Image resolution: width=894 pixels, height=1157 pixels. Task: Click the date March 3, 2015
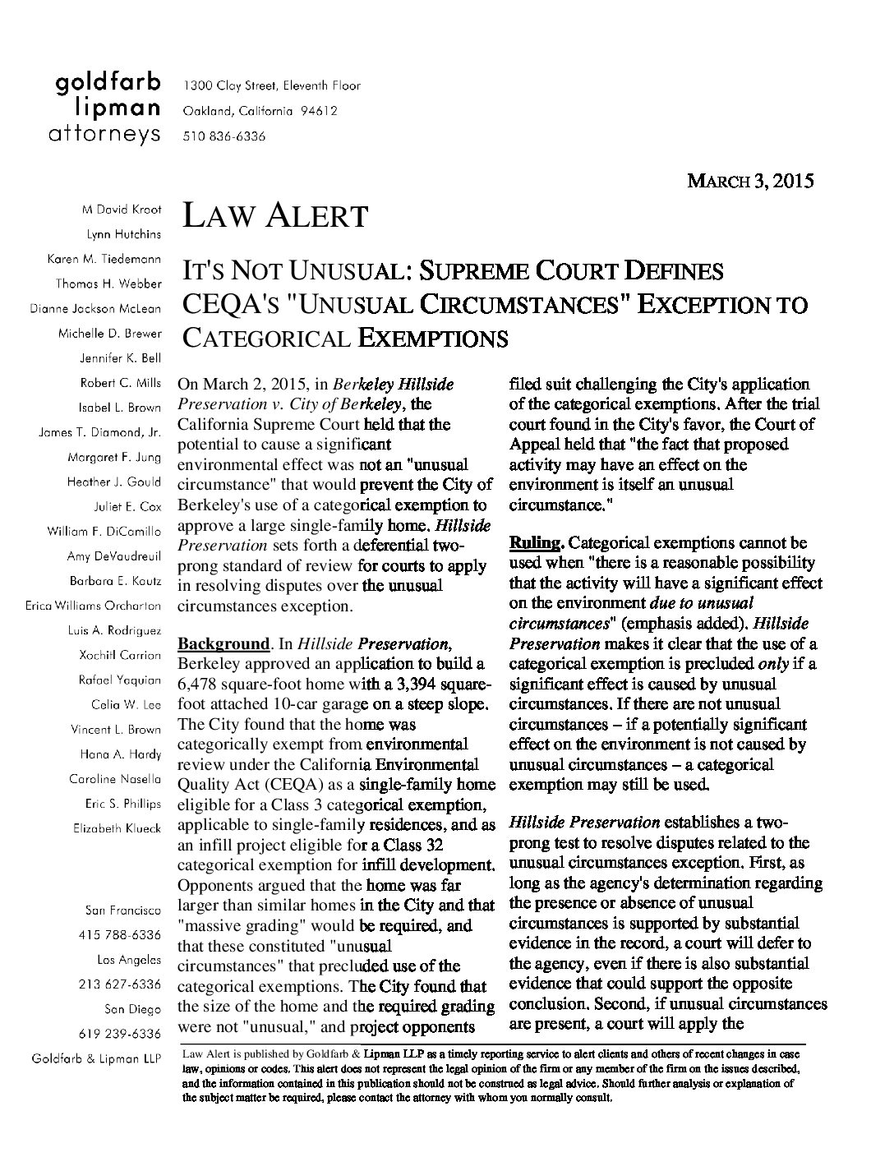749,181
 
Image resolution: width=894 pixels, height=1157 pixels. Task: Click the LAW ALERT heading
274,216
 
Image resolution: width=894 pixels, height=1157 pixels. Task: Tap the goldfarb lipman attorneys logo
108,109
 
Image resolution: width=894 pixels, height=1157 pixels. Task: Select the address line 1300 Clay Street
272,85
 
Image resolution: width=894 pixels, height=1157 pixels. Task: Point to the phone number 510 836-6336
224,136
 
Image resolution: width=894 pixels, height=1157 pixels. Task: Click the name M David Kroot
122,210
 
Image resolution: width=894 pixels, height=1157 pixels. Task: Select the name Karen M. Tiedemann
104,259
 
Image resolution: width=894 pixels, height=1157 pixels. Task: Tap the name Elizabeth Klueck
117,828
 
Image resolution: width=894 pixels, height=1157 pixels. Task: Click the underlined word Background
223,643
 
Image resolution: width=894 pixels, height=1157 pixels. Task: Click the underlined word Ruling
536,543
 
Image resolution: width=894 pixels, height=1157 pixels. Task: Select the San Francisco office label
122,910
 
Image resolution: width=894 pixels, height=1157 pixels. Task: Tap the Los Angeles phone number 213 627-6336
120,984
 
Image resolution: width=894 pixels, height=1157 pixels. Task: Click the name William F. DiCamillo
104,532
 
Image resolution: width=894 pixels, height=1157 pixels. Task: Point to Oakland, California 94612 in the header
260,111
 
